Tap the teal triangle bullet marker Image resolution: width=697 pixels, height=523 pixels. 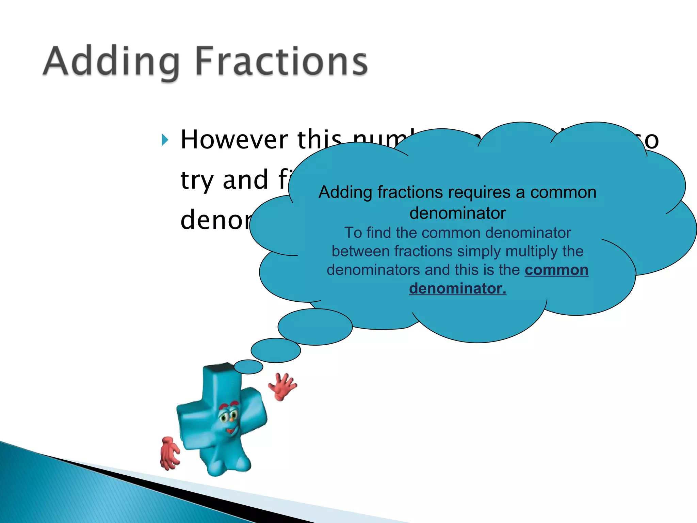tap(165, 140)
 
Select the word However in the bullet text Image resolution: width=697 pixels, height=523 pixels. tap(234, 140)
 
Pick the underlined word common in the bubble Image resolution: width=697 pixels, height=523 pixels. tap(556, 270)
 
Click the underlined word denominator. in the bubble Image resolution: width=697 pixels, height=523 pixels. tap(457, 288)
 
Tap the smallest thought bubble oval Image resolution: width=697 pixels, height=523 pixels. tap(248, 367)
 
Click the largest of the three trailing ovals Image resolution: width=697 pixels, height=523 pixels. tap(315, 327)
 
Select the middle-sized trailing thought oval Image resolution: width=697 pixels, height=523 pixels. tap(276, 350)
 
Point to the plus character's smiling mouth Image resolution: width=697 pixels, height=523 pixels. tap(231, 431)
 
